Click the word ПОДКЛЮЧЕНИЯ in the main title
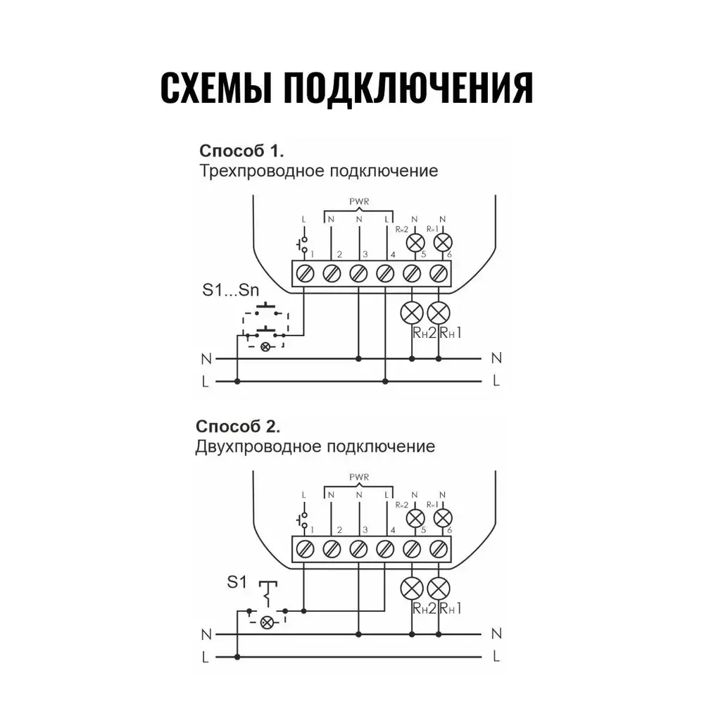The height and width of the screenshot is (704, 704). click(408, 89)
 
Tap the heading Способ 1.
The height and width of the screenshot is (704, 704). click(242, 151)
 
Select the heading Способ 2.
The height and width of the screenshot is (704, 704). click(238, 427)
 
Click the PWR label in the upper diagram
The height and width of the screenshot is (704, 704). click(359, 202)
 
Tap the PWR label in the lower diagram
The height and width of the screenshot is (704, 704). click(359, 477)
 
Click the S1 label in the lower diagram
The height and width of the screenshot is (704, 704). click(237, 582)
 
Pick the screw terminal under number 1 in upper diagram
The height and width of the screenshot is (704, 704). click(306, 272)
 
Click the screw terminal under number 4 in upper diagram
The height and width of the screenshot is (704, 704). click(385, 272)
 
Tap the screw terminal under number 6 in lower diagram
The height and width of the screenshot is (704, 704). click(439, 548)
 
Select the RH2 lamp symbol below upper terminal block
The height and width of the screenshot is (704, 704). click(412, 311)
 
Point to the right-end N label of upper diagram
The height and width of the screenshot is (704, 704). click(497, 358)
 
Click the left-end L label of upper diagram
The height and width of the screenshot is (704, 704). click(205, 382)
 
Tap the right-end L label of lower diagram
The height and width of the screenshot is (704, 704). click(497, 657)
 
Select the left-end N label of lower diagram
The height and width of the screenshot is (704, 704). click(205, 634)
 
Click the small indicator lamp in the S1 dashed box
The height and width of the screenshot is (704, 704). click(266, 622)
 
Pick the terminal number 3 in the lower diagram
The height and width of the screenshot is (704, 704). click(365, 529)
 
